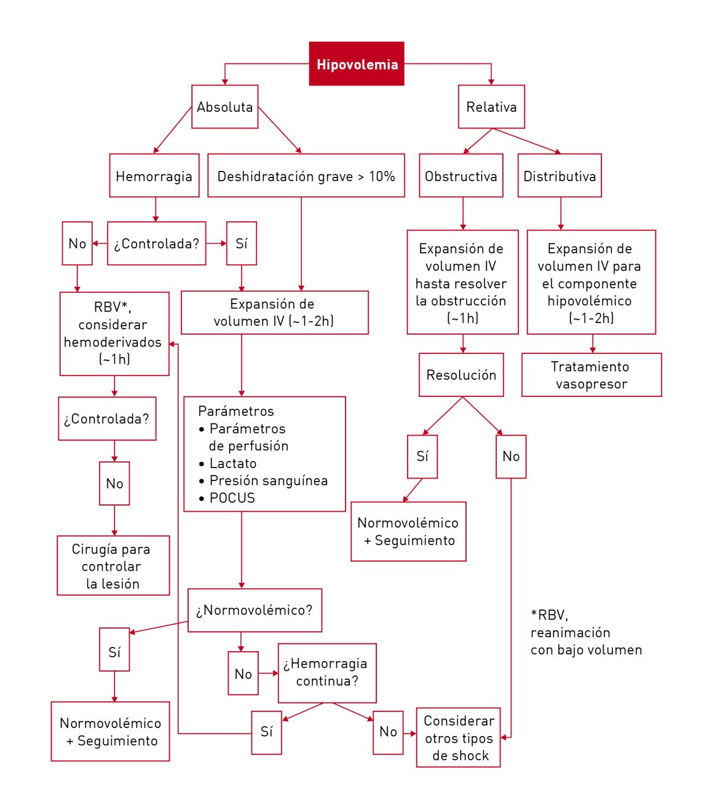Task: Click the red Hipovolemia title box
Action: [356, 64]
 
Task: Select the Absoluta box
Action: [224, 107]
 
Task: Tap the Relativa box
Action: [491, 107]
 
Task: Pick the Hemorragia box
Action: [154, 176]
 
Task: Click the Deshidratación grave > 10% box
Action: [306, 176]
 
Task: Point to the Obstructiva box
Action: [461, 176]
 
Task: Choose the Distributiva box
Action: [559, 176]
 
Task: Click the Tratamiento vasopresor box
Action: [591, 375]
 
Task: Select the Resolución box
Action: [461, 375]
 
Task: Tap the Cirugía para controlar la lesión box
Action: [113, 566]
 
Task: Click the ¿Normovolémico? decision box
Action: [255, 610]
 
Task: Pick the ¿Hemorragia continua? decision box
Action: [326, 673]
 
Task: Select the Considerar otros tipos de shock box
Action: [458, 737]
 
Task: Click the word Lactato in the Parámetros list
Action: [232, 463]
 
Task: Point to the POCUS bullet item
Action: [232, 498]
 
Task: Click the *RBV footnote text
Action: [585, 632]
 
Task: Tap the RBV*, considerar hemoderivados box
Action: [114, 334]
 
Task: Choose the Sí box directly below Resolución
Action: [422, 456]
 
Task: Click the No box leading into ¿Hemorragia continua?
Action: [243, 673]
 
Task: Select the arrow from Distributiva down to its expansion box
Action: [560, 213]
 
